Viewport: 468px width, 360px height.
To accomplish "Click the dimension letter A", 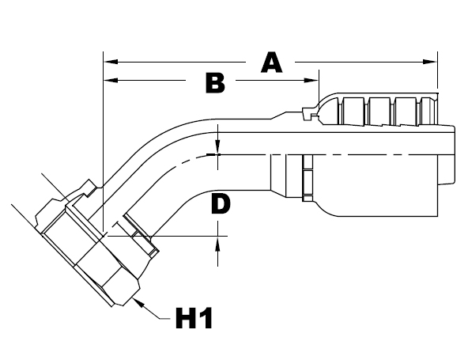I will click(x=272, y=62).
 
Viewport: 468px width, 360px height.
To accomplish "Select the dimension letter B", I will click(x=215, y=82).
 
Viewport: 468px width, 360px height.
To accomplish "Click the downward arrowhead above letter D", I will click(x=219, y=148).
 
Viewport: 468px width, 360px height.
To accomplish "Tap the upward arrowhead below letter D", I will click(x=219, y=241).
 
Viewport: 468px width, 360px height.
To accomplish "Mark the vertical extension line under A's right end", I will click(x=437, y=75).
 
